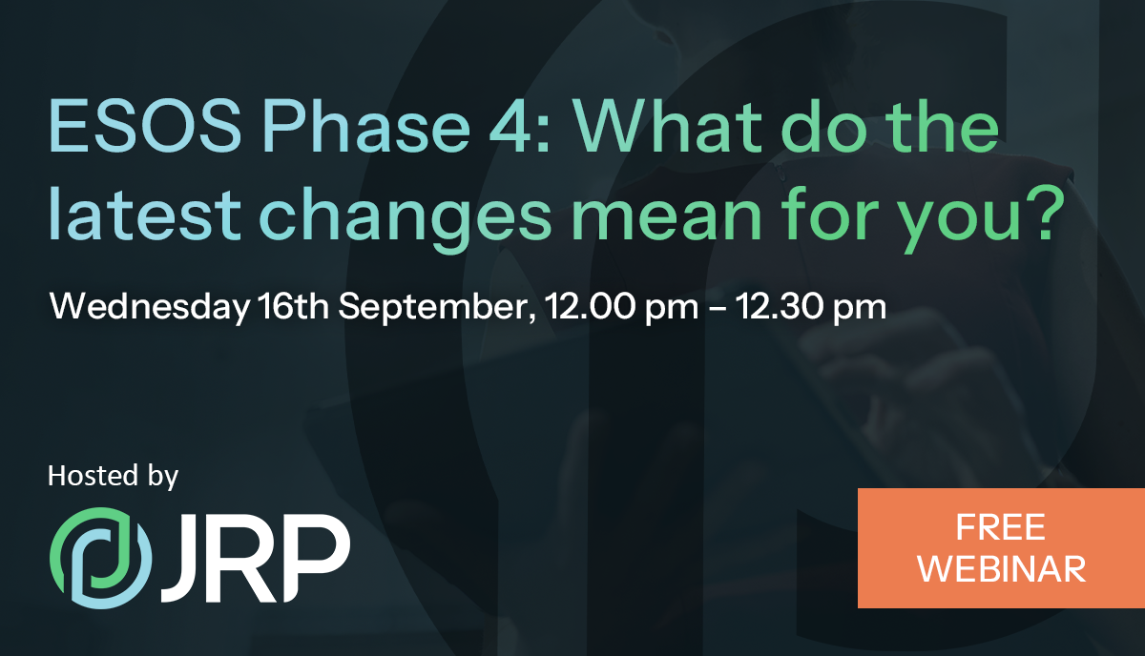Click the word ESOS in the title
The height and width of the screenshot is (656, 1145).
click(145, 126)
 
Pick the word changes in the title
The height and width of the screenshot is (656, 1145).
click(406, 218)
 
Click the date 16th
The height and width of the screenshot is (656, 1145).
click(294, 305)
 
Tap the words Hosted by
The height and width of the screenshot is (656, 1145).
click(113, 476)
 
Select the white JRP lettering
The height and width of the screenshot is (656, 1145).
click(256, 558)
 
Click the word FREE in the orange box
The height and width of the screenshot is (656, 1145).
click(1000, 527)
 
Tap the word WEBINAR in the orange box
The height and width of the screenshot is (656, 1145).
click(1001, 568)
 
